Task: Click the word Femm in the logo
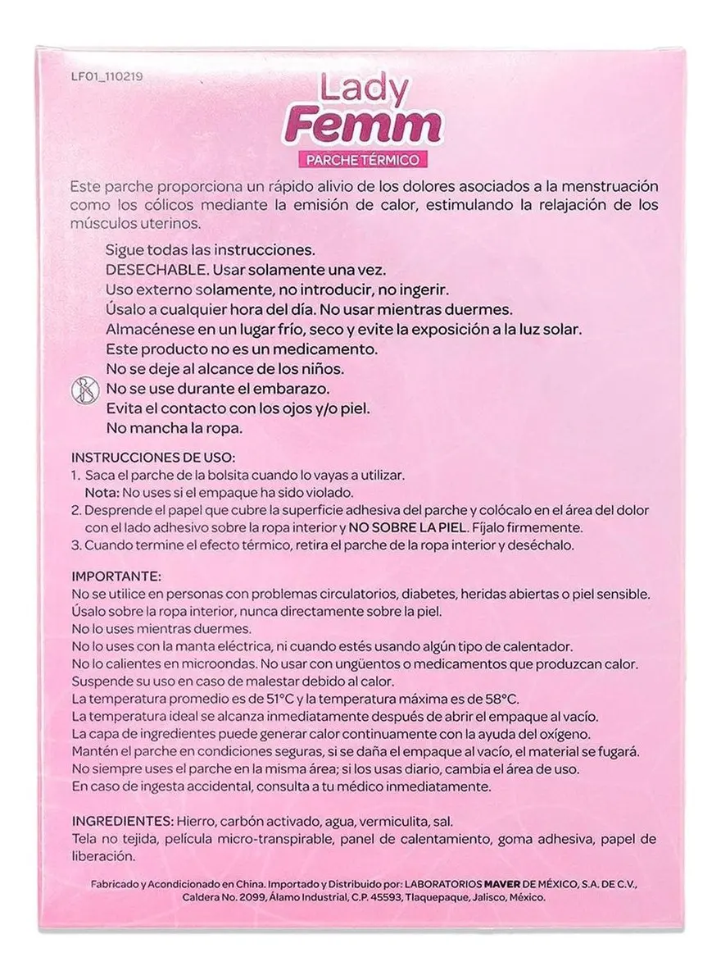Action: (384, 127)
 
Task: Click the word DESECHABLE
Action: (150, 269)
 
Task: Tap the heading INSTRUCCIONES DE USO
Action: (153, 456)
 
